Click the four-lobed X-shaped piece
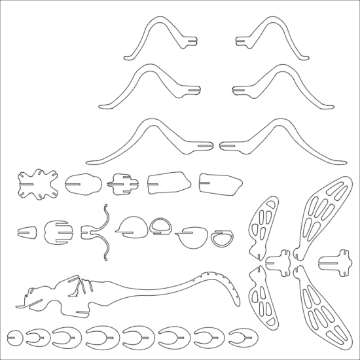(x=37, y=185)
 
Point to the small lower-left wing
(x=266, y=298)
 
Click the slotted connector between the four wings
(x=279, y=261)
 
